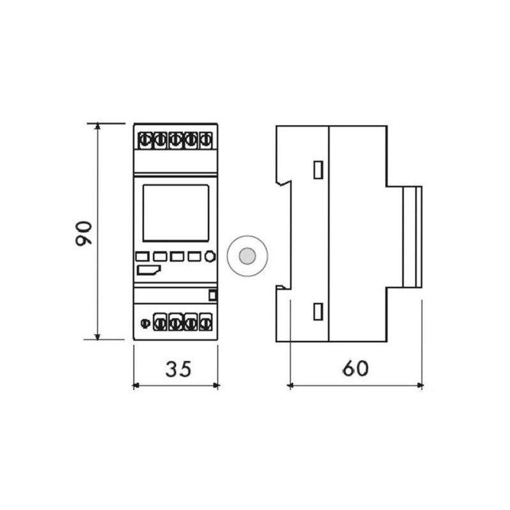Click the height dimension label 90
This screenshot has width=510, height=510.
coord(84,233)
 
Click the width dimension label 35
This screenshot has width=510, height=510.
coord(178,369)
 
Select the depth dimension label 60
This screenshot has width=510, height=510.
coord(356,368)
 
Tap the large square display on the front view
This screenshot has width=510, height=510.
coord(176,213)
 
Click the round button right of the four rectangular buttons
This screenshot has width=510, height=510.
coord(210,256)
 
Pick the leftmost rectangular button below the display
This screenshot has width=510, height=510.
coord(142,257)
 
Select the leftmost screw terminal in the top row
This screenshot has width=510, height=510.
coord(144,140)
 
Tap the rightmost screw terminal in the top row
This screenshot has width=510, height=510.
coord(205,140)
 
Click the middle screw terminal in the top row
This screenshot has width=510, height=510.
coord(175,140)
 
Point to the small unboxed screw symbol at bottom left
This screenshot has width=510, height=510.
coord(145,323)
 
